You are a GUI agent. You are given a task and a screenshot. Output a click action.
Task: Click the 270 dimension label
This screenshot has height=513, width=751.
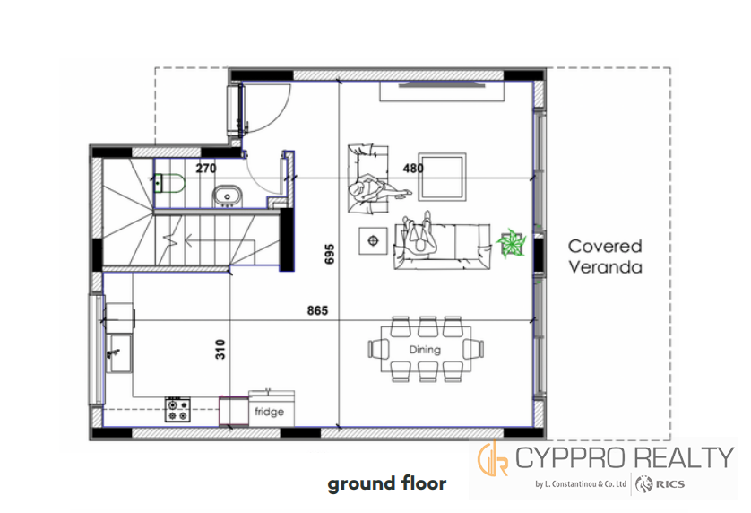[x=206, y=169]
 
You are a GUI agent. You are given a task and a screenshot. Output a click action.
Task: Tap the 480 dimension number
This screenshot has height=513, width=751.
[x=413, y=169]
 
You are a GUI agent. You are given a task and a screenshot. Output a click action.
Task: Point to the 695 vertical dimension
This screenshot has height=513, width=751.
[x=330, y=254]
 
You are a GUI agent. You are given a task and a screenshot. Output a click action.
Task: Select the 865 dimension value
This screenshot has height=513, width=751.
[x=317, y=310]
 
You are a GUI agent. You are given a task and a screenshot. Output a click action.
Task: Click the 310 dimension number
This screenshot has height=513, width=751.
[x=220, y=349]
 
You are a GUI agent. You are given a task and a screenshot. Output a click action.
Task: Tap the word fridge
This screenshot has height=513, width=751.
[x=269, y=412]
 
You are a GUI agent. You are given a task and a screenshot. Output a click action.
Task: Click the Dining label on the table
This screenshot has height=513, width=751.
[x=425, y=350]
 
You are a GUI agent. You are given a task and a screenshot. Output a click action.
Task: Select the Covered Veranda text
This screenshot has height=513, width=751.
[x=605, y=256]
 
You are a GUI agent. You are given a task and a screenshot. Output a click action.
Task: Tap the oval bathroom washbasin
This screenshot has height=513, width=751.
[x=228, y=196]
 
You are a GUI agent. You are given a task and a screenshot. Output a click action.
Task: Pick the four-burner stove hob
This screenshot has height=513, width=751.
[x=177, y=411]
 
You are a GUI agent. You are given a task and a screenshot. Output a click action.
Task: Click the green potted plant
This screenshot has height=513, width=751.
[x=512, y=244]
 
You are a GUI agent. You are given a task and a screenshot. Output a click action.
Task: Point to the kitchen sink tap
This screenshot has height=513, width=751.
[x=113, y=354]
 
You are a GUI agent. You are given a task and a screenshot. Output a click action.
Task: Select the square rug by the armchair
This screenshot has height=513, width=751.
[x=442, y=177]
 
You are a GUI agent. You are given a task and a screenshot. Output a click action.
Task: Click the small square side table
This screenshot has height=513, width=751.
[x=374, y=240]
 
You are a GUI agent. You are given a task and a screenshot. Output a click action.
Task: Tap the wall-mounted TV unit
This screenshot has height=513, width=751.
[x=442, y=91]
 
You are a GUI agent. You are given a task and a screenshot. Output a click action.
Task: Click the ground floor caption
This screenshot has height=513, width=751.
[x=387, y=483]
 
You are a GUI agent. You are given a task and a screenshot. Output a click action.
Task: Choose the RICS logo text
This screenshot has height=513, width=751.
[x=670, y=484]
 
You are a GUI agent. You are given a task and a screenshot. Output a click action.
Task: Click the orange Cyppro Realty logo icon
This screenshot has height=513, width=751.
[x=493, y=458]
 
